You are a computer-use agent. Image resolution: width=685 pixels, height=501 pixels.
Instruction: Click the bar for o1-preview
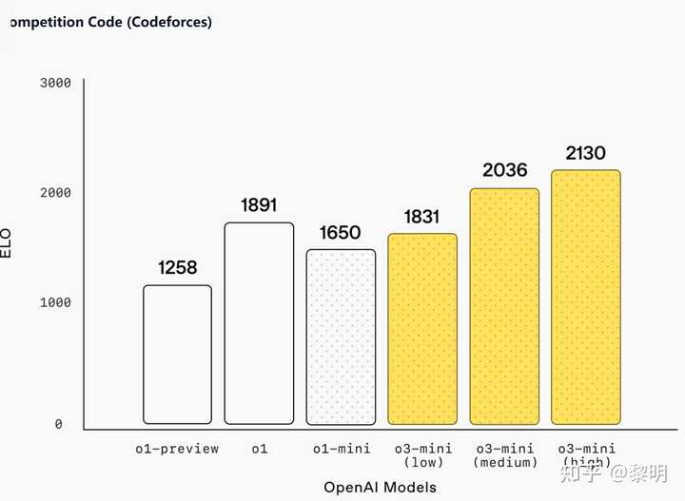[x=178, y=354]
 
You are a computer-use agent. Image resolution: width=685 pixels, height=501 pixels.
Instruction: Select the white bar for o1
[x=259, y=323]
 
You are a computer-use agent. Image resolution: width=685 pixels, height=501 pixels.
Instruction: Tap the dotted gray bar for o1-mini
[x=341, y=337]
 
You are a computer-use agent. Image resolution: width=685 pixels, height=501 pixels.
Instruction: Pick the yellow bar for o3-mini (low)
[x=422, y=328]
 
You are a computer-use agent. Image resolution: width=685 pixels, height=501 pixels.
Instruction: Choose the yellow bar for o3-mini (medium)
[x=504, y=306]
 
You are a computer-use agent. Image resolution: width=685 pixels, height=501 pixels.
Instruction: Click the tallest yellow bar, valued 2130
[x=586, y=297]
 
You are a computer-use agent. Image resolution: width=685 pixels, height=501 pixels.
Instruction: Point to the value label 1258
[x=178, y=268]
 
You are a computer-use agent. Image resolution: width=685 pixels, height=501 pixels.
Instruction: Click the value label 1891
[x=259, y=205]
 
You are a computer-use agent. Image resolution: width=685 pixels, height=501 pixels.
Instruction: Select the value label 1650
[x=341, y=233]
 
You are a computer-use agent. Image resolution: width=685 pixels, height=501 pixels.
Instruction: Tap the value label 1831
[x=421, y=217]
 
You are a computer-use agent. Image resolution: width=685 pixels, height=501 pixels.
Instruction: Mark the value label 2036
[x=504, y=171]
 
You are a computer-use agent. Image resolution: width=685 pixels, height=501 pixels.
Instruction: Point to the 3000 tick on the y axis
[x=56, y=83]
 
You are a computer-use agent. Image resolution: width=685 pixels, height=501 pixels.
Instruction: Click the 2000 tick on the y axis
[x=56, y=193]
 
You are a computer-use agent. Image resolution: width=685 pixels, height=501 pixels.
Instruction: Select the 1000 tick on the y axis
[x=56, y=302]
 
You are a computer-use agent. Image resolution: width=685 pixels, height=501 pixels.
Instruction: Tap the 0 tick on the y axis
[x=59, y=424]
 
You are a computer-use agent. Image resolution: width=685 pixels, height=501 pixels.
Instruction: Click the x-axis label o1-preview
[x=177, y=449]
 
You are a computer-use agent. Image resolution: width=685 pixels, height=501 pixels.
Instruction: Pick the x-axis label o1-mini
[x=342, y=449]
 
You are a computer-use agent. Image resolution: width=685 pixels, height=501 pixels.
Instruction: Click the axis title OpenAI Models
[x=380, y=488]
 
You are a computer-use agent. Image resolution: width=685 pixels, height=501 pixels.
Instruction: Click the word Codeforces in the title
[x=167, y=22]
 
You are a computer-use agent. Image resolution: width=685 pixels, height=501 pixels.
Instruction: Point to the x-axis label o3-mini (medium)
[x=504, y=455]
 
